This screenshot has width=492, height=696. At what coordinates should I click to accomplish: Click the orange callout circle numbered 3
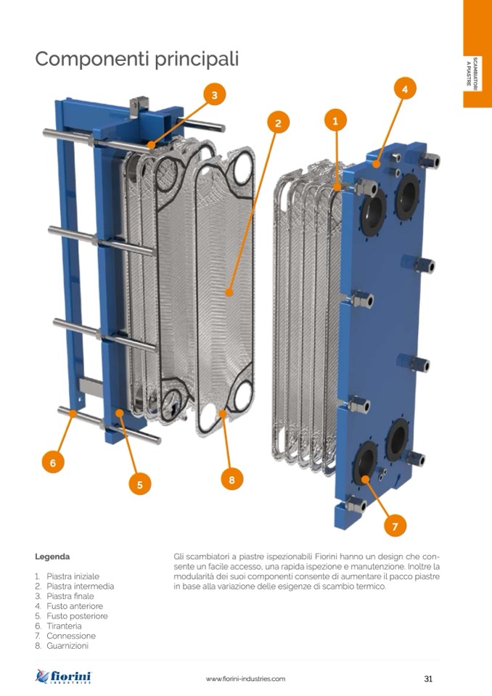point(215,95)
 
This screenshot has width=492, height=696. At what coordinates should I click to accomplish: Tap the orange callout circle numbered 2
point(278,123)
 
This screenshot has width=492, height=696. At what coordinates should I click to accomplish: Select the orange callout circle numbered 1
point(335,120)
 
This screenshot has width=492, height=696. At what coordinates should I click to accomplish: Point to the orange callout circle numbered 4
point(405,89)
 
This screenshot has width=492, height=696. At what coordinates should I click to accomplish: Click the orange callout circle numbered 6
point(53,462)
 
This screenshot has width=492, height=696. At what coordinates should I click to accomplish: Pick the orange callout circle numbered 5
point(140,484)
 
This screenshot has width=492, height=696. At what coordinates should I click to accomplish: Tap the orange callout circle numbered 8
point(232,480)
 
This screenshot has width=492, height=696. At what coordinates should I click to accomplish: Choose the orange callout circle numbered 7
point(395,526)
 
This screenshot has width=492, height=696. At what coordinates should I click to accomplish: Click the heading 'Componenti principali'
point(136,59)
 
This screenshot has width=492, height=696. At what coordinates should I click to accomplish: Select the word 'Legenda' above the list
point(52,557)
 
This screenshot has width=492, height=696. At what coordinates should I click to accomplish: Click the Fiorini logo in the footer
point(63,676)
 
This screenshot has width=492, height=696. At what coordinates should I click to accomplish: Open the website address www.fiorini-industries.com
point(245,679)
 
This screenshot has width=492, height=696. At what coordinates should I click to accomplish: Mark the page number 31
point(428,679)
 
